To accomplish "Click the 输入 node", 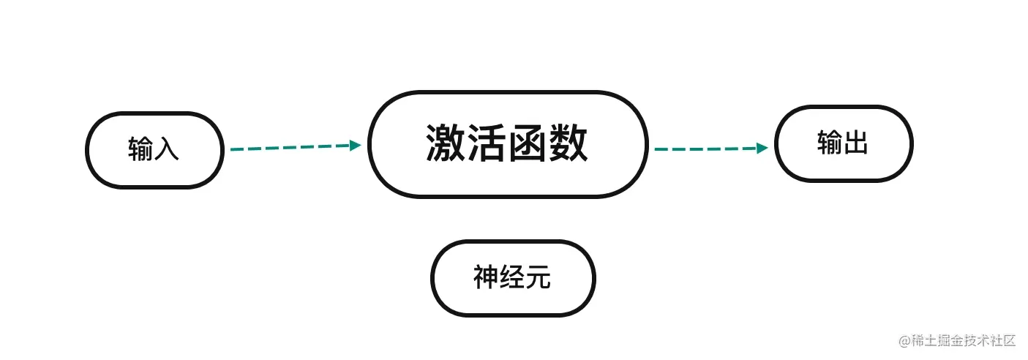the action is [x=154, y=150].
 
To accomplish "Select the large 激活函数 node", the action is [x=508, y=144].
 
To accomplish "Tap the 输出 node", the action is [x=844, y=143].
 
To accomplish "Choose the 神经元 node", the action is [x=513, y=278].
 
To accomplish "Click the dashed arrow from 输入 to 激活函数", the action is [x=293, y=147].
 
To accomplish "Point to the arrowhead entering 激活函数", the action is [x=356, y=146].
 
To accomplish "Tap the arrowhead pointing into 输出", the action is [x=762, y=148].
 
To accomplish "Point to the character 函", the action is [x=527, y=143].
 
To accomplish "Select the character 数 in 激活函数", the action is [x=568, y=143].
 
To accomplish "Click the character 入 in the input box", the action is [x=167, y=149].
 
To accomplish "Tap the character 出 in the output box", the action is [x=855, y=143].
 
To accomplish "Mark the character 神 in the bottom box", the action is [x=486, y=278].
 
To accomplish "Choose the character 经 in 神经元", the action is [x=512, y=278].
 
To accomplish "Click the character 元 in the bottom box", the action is [x=539, y=278].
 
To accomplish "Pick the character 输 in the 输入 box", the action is [x=140, y=149].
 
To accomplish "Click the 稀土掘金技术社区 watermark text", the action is [x=964, y=340].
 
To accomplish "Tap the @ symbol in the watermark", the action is [x=904, y=341].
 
